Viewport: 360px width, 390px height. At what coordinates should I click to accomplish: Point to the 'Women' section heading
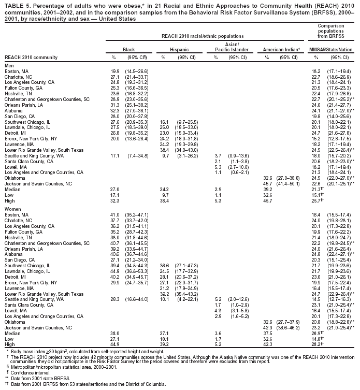(12, 207)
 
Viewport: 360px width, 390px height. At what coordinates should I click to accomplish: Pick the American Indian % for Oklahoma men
(268, 178)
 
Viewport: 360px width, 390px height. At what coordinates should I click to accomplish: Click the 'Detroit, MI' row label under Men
(17, 132)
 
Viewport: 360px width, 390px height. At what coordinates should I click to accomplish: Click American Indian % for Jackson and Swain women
(268, 327)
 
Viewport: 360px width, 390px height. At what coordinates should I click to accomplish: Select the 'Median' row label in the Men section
(12, 190)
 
